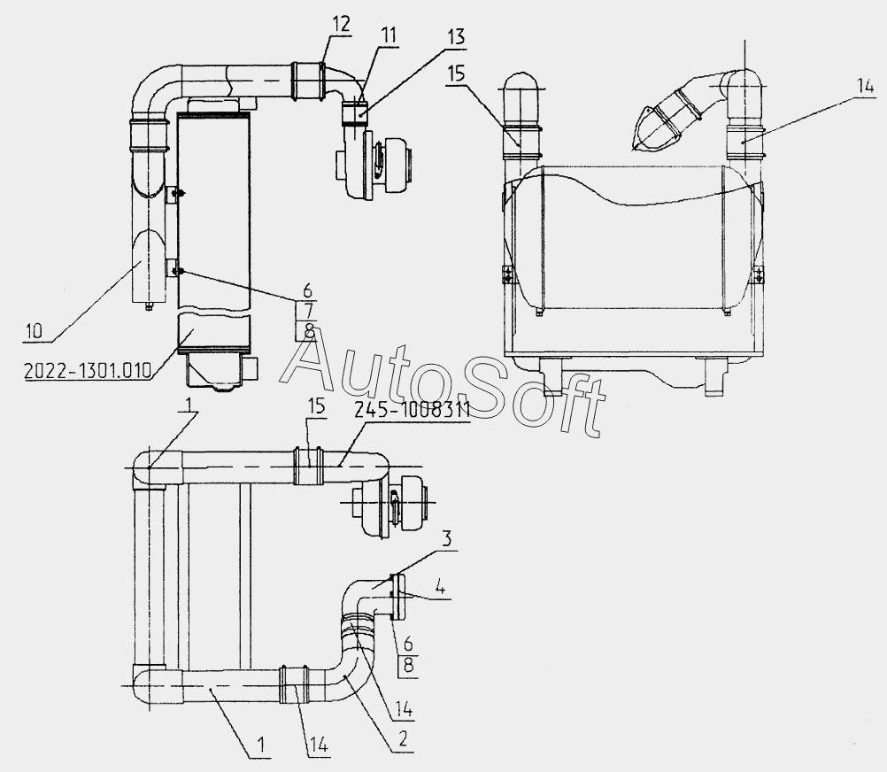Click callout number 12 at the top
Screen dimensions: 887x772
[x=341, y=24]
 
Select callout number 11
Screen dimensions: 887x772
[x=388, y=35]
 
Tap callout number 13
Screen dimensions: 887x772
[x=455, y=37]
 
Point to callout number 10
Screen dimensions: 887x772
[x=34, y=331]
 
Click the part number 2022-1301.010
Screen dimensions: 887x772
[x=88, y=370]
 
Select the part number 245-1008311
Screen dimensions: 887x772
[x=413, y=411]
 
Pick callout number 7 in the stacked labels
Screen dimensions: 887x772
[x=308, y=311]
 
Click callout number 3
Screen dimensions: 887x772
[x=447, y=539]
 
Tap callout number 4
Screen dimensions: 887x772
[x=440, y=588]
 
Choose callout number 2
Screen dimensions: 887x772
[x=402, y=740]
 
